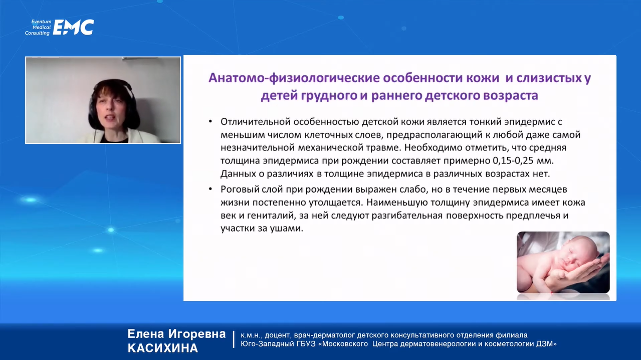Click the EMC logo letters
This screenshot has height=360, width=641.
point(73,27)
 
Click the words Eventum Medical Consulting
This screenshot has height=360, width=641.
point(38,27)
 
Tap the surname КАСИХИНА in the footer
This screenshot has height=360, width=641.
point(163,348)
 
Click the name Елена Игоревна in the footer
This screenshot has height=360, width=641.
point(176,334)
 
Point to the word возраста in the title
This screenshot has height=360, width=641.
point(511,96)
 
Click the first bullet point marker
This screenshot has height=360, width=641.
point(210,121)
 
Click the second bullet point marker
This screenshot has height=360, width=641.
point(210,189)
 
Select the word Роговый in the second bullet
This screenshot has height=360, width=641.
point(239,190)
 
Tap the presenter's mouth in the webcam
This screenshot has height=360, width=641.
point(110,117)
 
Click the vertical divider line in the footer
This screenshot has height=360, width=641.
point(234,339)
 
